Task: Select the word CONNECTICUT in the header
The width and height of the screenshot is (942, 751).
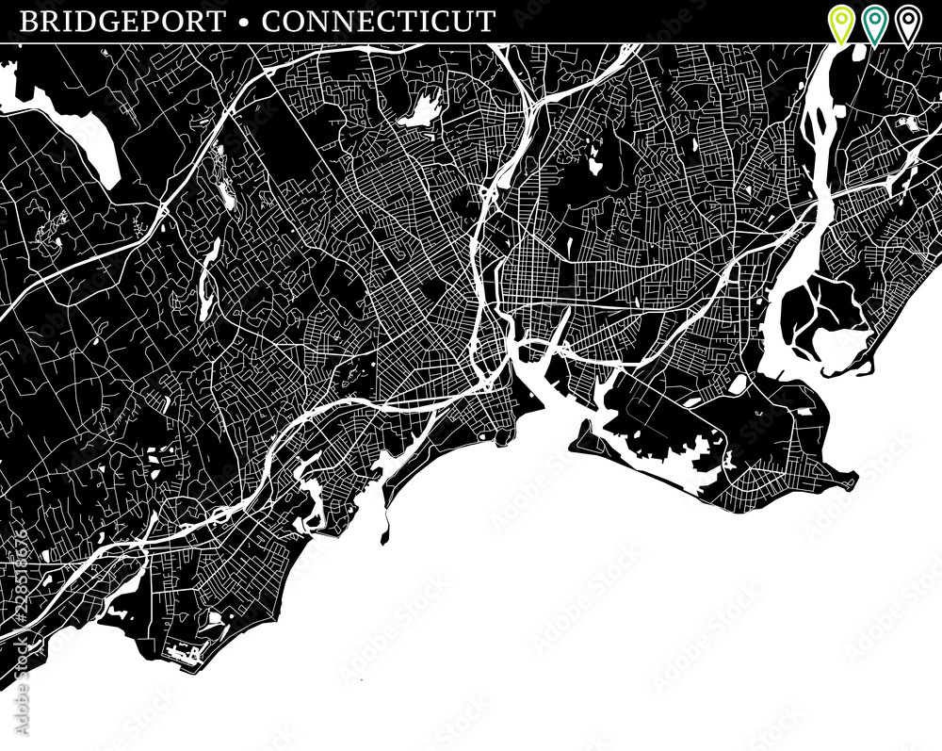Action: coord(379,22)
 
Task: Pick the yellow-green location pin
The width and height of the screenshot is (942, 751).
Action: coord(840,23)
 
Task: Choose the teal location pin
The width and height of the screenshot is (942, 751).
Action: coord(874,23)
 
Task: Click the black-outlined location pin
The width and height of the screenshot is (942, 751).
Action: coord(907,23)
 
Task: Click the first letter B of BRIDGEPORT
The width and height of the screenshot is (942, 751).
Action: coord(29,22)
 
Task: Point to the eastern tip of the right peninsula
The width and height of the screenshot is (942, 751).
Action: coord(853,481)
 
